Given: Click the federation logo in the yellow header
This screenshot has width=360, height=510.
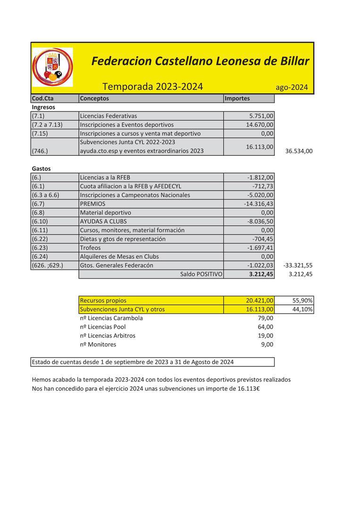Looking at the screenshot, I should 52,68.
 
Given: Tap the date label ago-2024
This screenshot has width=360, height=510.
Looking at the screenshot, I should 292,87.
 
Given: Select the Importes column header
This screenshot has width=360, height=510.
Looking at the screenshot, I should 237,99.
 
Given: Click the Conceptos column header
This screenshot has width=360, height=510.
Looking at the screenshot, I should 94,99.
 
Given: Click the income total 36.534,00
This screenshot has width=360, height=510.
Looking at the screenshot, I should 299,152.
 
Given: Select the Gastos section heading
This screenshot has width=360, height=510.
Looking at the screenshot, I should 41,169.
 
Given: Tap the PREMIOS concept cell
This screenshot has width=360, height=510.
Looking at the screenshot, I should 92,204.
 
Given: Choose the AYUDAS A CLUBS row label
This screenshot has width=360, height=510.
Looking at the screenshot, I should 103,221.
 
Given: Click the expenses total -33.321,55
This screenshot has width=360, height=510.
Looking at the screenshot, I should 298,265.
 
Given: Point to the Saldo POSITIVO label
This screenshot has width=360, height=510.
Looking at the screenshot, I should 201,274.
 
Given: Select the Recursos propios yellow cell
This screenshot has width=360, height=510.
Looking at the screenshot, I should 103,300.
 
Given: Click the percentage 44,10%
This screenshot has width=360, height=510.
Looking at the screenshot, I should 302,309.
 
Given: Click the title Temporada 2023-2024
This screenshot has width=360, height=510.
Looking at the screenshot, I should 152,86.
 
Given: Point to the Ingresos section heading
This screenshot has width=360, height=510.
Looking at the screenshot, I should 43,107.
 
